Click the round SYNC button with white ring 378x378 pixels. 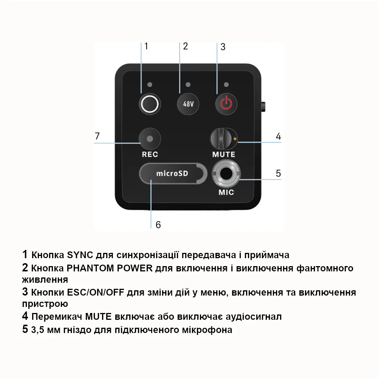(x=149, y=104)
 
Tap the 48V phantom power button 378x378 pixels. (x=188, y=104)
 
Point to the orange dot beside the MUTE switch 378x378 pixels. (x=235, y=139)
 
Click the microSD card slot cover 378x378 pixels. (x=173, y=174)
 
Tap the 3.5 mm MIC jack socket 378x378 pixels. (x=226, y=174)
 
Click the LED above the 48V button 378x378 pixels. (x=188, y=84)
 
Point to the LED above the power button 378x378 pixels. (x=226, y=84)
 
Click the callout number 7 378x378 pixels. (x=97, y=136)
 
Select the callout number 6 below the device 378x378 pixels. (x=158, y=225)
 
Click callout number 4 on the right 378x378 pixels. (x=278, y=136)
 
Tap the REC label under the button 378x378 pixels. (x=150, y=154)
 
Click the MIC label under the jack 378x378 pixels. (x=226, y=192)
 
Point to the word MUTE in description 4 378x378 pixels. (x=99, y=316)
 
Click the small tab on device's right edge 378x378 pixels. (x=264, y=106)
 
